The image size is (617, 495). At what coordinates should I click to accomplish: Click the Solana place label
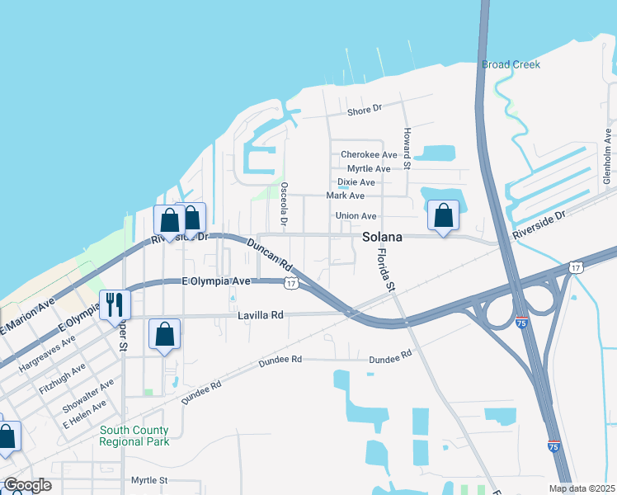click(x=383, y=237)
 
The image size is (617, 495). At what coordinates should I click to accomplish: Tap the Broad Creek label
click(x=511, y=64)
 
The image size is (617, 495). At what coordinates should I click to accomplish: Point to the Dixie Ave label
click(x=356, y=182)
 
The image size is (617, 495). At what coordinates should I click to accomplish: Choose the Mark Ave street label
click(x=345, y=196)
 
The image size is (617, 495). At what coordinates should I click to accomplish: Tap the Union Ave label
click(x=356, y=216)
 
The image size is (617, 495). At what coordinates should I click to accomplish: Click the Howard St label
click(x=407, y=145)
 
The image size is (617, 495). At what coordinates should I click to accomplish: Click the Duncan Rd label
click(x=270, y=255)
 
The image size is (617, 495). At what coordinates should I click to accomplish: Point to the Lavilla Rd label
click(x=260, y=314)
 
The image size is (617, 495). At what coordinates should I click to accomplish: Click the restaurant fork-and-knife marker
click(x=114, y=304)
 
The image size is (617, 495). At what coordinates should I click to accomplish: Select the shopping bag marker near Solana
click(x=443, y=216)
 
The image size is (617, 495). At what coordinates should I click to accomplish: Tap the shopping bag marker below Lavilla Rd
click(x=164, y=334)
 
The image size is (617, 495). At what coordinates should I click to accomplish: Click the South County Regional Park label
click(x=134, y=436)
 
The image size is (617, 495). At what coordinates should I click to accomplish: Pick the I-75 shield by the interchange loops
click(x=521, y=321)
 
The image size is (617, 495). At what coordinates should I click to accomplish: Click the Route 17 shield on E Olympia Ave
click(x=290, y=283)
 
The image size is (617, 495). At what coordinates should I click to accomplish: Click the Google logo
click(x=27, y=485)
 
